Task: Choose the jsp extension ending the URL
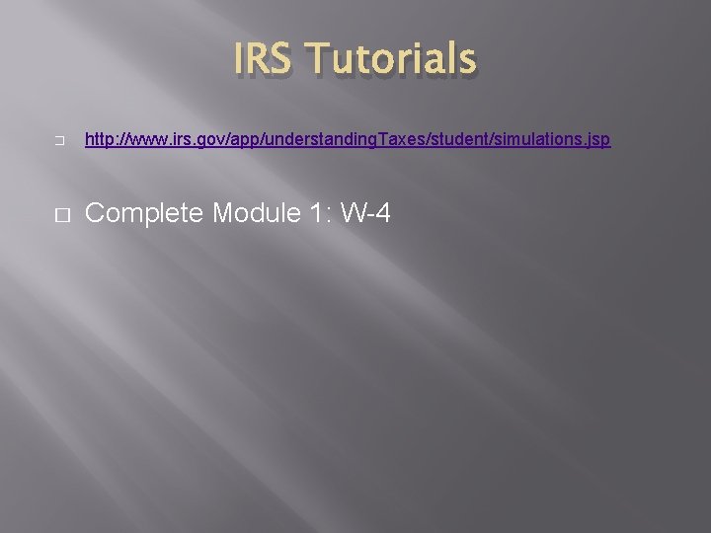(597, 141)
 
